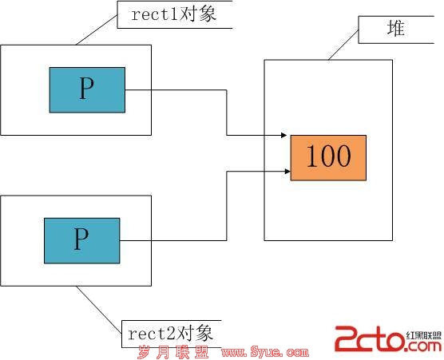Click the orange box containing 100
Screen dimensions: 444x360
(328, 157)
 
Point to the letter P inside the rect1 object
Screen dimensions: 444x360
(86, 88)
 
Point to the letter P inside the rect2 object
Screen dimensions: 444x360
(81, 239)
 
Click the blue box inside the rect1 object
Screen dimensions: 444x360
(87, 90)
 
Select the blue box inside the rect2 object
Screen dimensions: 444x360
(81, 240)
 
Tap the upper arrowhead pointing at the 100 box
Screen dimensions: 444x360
(283, 135)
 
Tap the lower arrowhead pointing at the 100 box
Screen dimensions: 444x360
(287, 172)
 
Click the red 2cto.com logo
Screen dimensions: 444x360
(388, 338)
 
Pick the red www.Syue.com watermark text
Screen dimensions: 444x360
(265, 352)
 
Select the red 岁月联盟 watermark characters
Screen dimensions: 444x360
(173, 352)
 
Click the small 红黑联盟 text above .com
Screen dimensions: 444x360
(423, 336)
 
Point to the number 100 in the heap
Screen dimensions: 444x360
(328, 156)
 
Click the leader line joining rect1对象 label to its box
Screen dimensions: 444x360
(97, 30)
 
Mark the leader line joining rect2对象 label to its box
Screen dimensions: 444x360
(99, 310)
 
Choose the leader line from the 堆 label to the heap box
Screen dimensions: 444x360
(343, 45)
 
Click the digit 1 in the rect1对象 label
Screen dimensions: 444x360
(174, 14)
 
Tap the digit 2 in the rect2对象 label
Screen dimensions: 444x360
(171, 334)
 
